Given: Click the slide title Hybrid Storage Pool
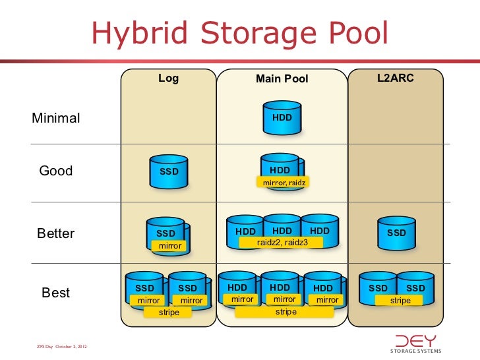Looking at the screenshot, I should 239,34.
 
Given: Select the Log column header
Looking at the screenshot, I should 168,78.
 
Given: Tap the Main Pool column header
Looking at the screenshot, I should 282,79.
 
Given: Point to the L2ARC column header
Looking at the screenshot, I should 395,78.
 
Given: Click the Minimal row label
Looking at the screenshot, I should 56,119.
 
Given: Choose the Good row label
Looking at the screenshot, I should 56,171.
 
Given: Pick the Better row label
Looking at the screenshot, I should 56,234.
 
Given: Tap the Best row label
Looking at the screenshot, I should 56,293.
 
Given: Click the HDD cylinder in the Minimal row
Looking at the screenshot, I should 282,117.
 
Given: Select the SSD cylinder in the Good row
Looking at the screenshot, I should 169,171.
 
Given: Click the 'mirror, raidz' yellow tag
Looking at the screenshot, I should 282,182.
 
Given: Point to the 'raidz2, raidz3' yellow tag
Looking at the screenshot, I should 282,243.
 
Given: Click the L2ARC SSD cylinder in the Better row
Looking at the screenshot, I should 396,232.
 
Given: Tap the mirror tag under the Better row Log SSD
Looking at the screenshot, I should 169,246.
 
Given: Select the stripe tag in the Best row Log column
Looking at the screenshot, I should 169,312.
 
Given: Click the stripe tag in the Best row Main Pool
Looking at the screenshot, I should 285,311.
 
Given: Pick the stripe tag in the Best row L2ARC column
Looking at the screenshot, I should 400,301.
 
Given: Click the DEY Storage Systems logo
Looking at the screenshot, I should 417,343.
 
